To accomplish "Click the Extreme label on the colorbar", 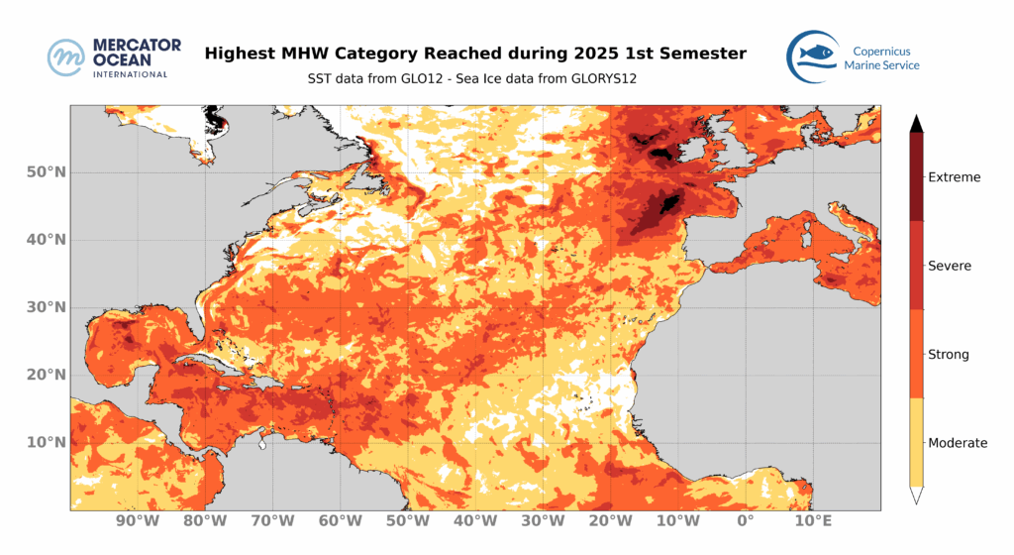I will point(954,177).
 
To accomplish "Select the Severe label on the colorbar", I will point(950,266).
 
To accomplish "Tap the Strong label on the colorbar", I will point(949,354).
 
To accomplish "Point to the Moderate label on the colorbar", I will point(957,443).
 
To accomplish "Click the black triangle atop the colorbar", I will point(918,123).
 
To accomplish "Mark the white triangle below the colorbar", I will point(918,494).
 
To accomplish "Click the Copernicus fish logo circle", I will point(814,54).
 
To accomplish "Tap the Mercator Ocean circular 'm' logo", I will point(67,57).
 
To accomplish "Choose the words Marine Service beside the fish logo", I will point(881,65).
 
